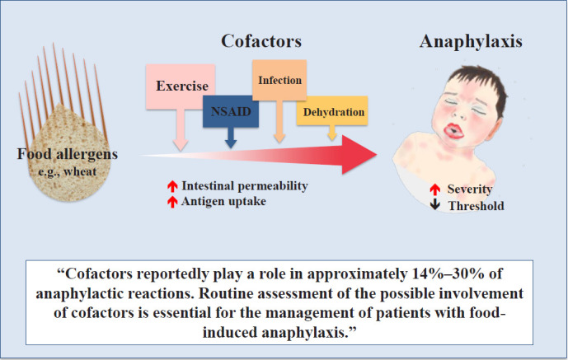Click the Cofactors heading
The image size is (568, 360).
(261, 41)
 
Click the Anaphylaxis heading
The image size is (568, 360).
(471, 41)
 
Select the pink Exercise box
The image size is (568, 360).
(181, 86)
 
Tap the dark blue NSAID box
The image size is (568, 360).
(231, 111)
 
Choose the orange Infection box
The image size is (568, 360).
(279, 80)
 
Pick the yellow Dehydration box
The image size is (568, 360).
(332, 111)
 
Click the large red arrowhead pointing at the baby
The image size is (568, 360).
(359, 155)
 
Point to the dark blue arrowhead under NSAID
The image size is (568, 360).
(231, 143)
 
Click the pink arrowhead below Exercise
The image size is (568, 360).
(181, 145)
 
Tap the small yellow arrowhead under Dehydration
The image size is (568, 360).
(332, 137)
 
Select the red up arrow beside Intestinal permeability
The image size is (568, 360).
(172, 186)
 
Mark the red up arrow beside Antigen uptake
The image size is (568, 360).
(172, 202)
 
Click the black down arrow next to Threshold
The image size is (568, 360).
(435, 205)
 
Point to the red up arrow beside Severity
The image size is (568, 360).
(435, 189)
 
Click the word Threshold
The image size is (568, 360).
(476, 206)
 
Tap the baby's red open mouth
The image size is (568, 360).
(453, 131)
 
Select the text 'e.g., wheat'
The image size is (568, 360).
(68, 171)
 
